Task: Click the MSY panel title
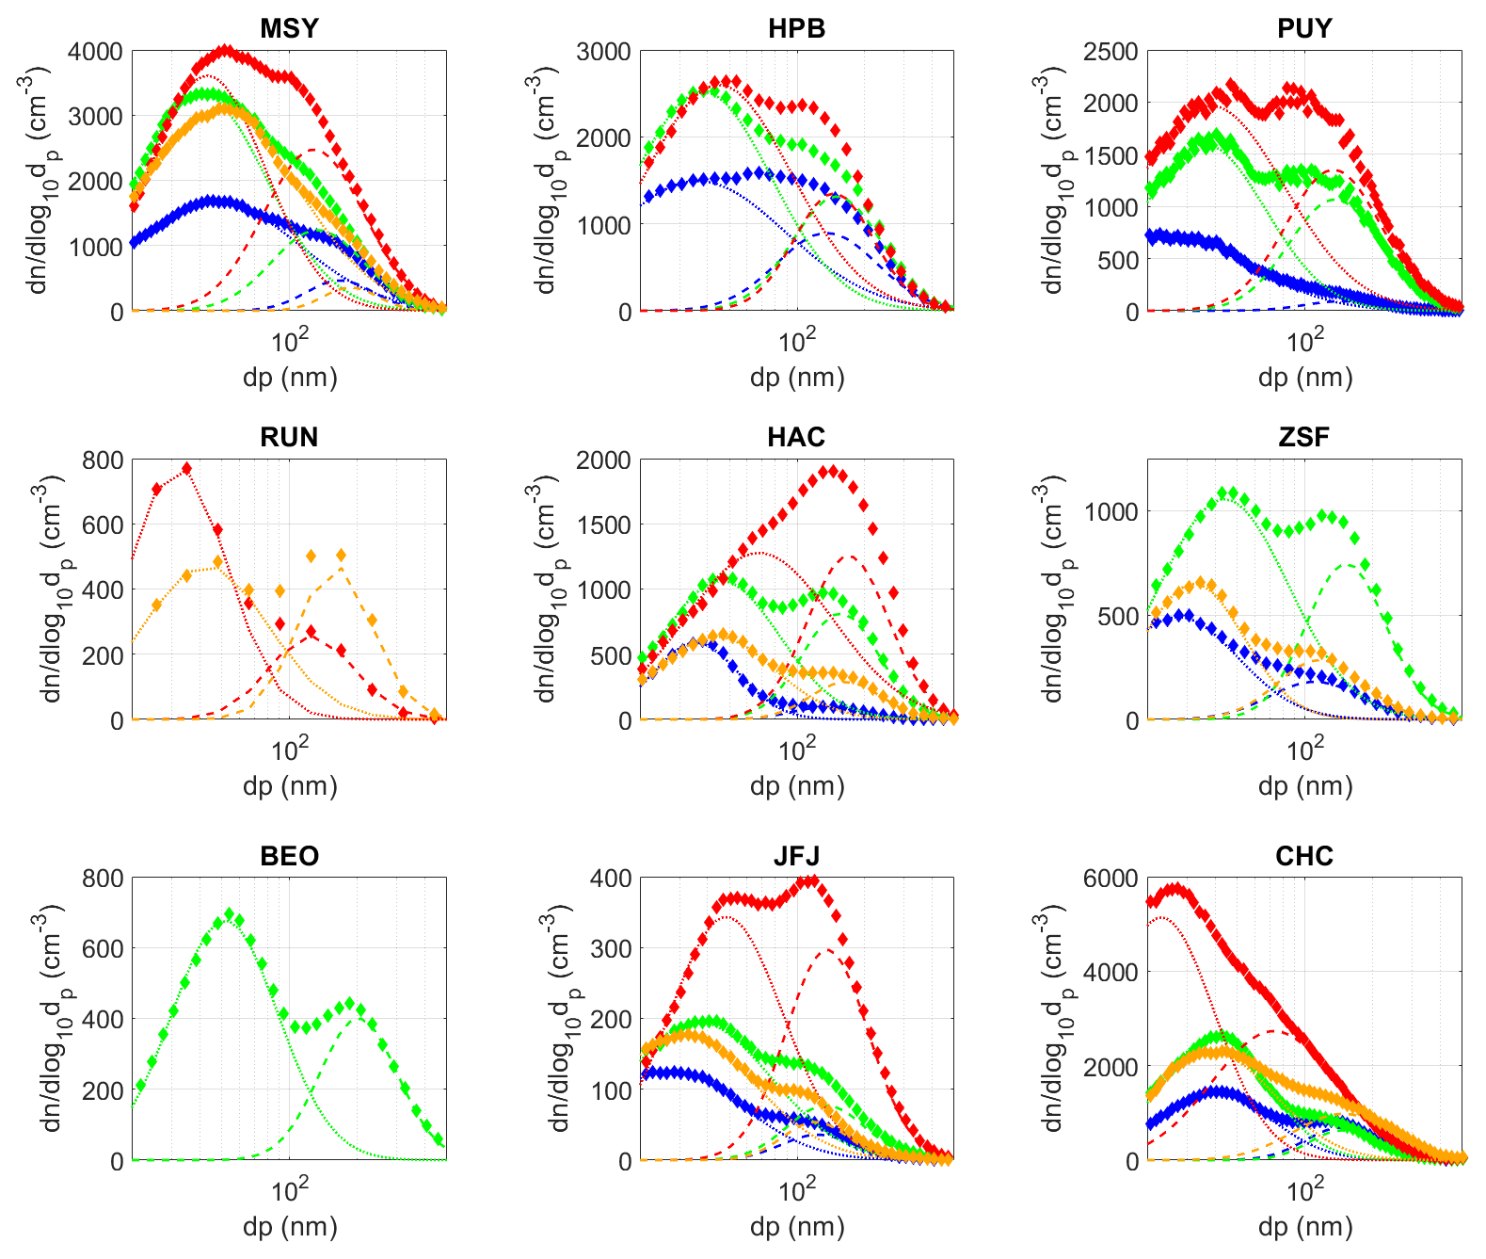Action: pos(289,28)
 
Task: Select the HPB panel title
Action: pos(796,28)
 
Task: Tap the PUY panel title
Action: pos(1304,28)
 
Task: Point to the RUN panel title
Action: pos(289,437)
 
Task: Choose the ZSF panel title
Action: pos(1304,437)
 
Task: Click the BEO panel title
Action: pos(289,856)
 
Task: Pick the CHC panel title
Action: pos(1304,856)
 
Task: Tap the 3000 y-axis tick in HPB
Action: pos(603,52)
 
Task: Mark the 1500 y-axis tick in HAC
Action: pos(603,525)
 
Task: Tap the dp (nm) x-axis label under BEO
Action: pos(289,1227)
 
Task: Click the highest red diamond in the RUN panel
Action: pos(186,468)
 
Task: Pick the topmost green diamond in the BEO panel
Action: pos(229,913)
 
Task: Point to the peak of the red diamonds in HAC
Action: pos(829,471)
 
